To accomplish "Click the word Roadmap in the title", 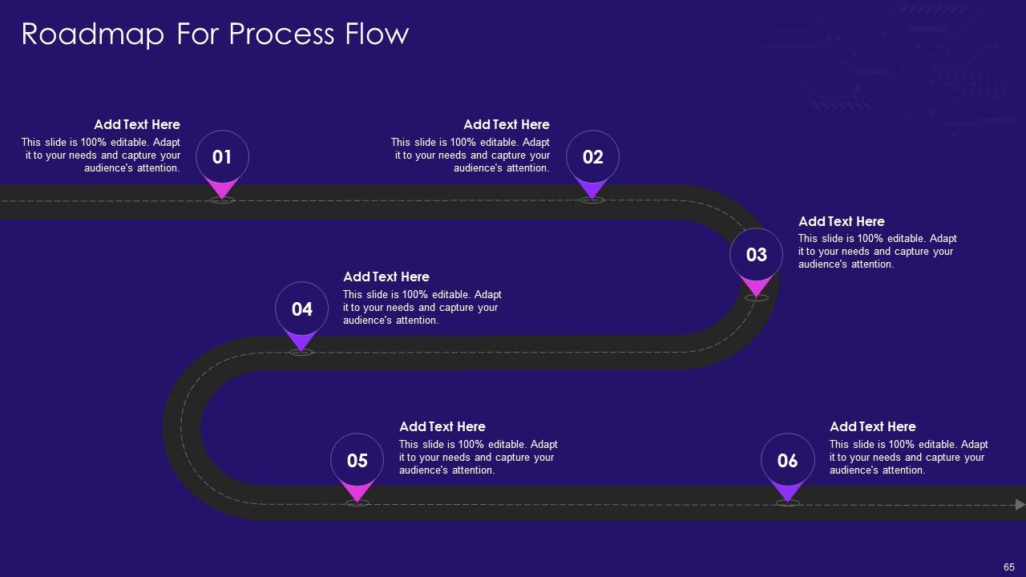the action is tap(92, 34).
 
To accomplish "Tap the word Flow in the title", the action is tap(377, 34).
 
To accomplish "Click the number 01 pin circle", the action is tap(222, 157).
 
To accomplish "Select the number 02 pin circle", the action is tap(592, 157).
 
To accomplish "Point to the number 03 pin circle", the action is tap(756, 255).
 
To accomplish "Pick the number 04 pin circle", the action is tap(302, 309).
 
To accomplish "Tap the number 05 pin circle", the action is tap(357, 460).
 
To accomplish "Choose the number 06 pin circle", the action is tap(787, 460).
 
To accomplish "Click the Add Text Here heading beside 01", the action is tap(137, 124).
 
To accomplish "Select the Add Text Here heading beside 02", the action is tap(507, 124).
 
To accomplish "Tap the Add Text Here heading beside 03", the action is tap(842, 222).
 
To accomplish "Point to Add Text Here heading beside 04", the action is tap(386, 277).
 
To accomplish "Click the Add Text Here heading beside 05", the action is tap(442, 427).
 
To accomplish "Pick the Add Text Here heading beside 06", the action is tap(873, 427).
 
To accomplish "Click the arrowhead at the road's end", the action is tap(1020, 505).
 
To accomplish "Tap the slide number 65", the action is tap(1008, 567).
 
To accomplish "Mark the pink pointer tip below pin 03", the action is tap(756, 297).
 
